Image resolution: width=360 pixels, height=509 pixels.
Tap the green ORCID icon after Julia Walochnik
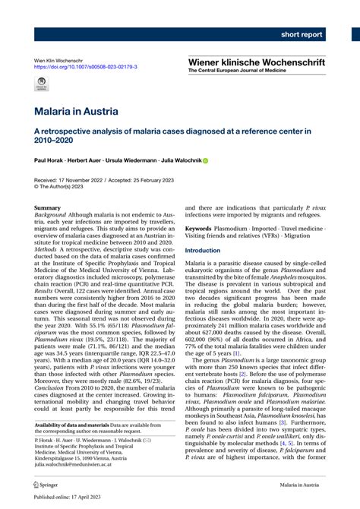point(204,161)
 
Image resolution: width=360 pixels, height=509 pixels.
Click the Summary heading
point(48,207)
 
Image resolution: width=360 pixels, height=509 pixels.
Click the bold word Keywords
point(199,228)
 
